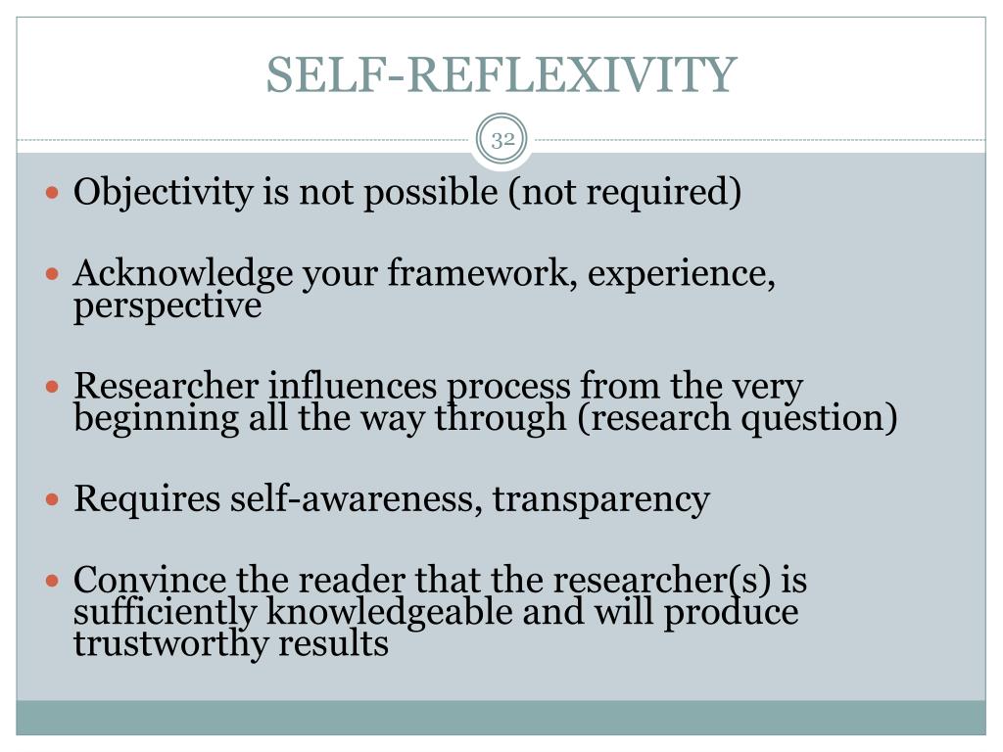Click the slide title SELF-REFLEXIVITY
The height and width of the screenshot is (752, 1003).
coord(501,75)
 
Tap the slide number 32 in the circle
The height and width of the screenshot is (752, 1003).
coord(503,139)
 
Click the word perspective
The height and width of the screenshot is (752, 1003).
coord(167,306)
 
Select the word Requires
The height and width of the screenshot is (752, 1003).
coord(148,499)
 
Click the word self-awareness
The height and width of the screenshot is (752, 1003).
coord(358,499)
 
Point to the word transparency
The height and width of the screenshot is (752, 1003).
coord(600,499)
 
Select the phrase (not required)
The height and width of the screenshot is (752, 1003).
coord(624,193)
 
